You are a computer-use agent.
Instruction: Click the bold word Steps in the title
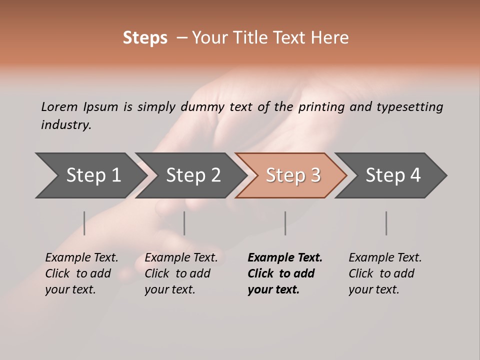[x=145, y=38]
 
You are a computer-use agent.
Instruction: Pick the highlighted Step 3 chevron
[x=293, y=175]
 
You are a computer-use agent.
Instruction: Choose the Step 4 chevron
[x=393, y=175]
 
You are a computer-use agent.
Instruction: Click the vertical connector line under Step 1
[x=84, y=223]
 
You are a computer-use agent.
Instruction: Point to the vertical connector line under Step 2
[x=184, y=223]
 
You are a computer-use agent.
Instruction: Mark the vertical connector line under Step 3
[x=285, y=223]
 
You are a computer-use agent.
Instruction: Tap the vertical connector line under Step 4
[x=386, y=223]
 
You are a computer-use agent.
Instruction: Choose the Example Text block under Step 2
[x=180, y=273]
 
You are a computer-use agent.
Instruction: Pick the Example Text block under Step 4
[x=384, y=273]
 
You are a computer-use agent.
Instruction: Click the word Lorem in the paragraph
[x=59, y=107]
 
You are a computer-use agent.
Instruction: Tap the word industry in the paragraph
[x=65, y=125]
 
